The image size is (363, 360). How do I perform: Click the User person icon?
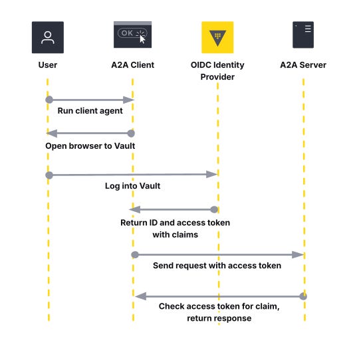(x=48, y=37)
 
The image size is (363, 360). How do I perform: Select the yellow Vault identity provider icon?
(x=217, y=37)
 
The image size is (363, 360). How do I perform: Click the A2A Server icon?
(x=303, y=35)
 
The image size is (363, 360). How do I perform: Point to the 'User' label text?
(x=48, y=65)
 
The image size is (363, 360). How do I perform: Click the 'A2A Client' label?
(x=132, y=65)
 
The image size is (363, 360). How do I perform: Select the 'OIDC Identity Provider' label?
(x=217, y=70)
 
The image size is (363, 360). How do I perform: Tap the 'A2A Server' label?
(x=303, y=65)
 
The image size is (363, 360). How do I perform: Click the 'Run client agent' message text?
(x=90, y=111)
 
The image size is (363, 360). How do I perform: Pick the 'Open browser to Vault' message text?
(x=90, y=145)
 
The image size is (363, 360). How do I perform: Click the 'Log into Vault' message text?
(x=132, y=186)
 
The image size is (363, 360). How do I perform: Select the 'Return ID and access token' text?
(x=175, y=223)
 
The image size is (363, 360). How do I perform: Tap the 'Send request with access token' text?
(x=217, y=266)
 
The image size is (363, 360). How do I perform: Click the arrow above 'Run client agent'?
(x=90, y=100)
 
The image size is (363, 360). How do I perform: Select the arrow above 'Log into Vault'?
(x=133, y=174)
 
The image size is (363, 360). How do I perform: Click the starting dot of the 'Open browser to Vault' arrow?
(x=132, y=134)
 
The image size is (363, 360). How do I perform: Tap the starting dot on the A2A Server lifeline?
(x=303, y=296)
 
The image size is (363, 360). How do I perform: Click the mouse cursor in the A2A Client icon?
(x=142, y=38)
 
